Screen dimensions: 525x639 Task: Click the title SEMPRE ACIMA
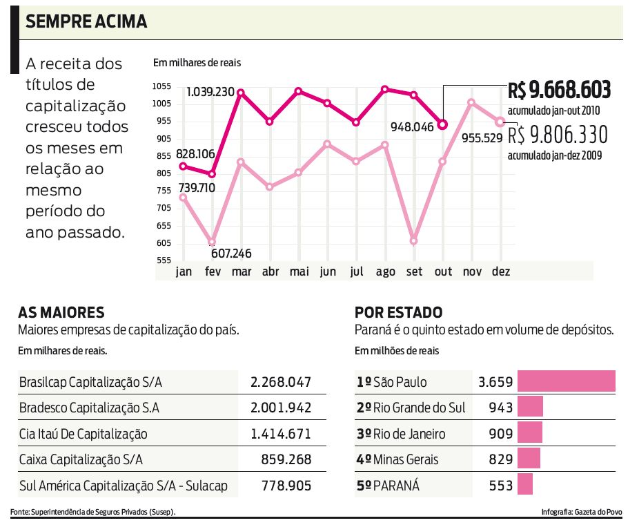(86, 21)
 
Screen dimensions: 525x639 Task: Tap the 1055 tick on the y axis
(162, 86)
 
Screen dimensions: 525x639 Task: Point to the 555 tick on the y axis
(163, 260)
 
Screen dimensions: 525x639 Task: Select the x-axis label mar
(242, 271)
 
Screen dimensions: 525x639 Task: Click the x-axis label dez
(500, 271)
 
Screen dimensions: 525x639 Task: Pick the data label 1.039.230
(210, 92)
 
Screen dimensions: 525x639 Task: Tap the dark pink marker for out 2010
(443, 124)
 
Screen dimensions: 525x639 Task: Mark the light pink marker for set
(414, 241)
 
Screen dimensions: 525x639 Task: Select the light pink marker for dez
(500, 122)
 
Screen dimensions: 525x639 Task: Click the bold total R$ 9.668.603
(559, 90)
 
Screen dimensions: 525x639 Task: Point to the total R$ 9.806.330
(558, 134)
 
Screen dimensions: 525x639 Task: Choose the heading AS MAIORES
(61, 312)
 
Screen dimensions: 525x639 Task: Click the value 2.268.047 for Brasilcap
(281, 382)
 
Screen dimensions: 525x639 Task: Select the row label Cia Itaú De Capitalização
(83, 434)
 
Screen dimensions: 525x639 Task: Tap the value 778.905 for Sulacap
(286, 486)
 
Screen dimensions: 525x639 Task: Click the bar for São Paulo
(566, 381)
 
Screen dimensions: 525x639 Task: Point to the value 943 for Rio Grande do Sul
(500, 408)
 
